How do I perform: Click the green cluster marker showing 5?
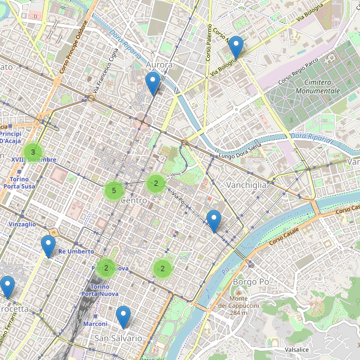pyautogui.click(x=113, y=191)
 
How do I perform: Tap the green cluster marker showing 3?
pyautogui.click(x=33, y=152)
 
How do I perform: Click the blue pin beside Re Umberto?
pyautogui.click(x=48, y=246)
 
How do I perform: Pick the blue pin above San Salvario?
pyautogui.click(x=123, y=316)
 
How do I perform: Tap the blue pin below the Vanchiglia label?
pyautogui.click(x=214, y=221)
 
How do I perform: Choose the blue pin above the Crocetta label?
pyautogui.click(x=7, y=287)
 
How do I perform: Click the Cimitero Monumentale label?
pyautogui.click(x=313, y=86)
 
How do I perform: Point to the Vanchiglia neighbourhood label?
pyautogui.click(x=246, y=185)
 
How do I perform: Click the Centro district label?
pyautogui.click(x=134, y=200)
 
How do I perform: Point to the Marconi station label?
pyautogui.click(x=95, y=323)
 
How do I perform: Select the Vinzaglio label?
pyautogui.click(x=22, y=224)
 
